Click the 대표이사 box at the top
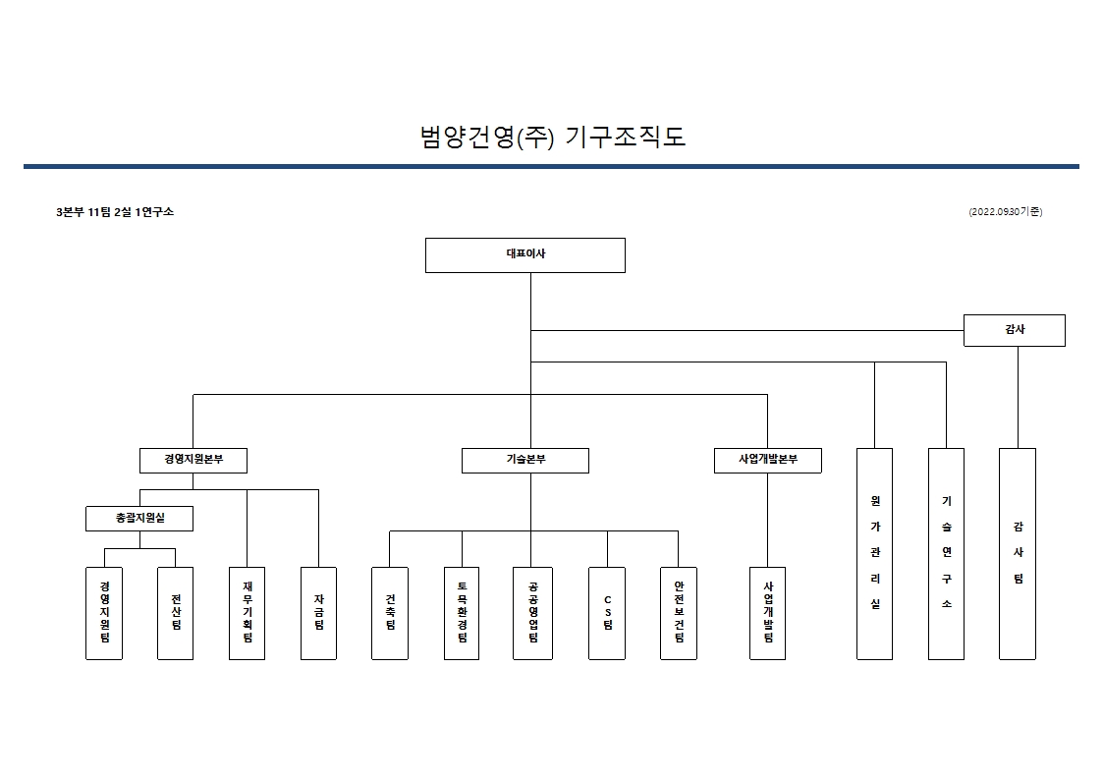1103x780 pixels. pos(525,254)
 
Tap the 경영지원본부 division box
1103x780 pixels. pos(193,460)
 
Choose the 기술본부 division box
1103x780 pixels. pos(525,460)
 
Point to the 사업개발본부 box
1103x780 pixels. pos(767,460)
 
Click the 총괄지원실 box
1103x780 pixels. pos(139,518)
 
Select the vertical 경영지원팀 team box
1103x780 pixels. pos(104,612)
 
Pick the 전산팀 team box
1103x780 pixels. pos(176,612)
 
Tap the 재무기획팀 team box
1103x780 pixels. pos(247,612)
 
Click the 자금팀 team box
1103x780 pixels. pos(318,612)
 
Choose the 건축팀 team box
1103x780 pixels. pos(390,612)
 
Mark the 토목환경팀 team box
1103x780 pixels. pos(462,612)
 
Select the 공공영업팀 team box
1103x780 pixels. pos(531,612)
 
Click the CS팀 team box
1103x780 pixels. pos(607,612)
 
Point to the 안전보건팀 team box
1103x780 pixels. pos(679,612)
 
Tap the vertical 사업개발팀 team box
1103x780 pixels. pos(767,612)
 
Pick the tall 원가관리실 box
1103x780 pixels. pos(874,553)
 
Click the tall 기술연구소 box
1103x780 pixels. pos(946,553)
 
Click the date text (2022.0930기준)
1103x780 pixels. pos(1005,211)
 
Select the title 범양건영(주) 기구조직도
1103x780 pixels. pos(552,137)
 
